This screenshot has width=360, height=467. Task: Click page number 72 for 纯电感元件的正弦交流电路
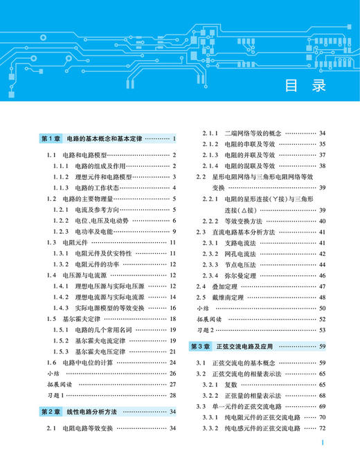(322, 449)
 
